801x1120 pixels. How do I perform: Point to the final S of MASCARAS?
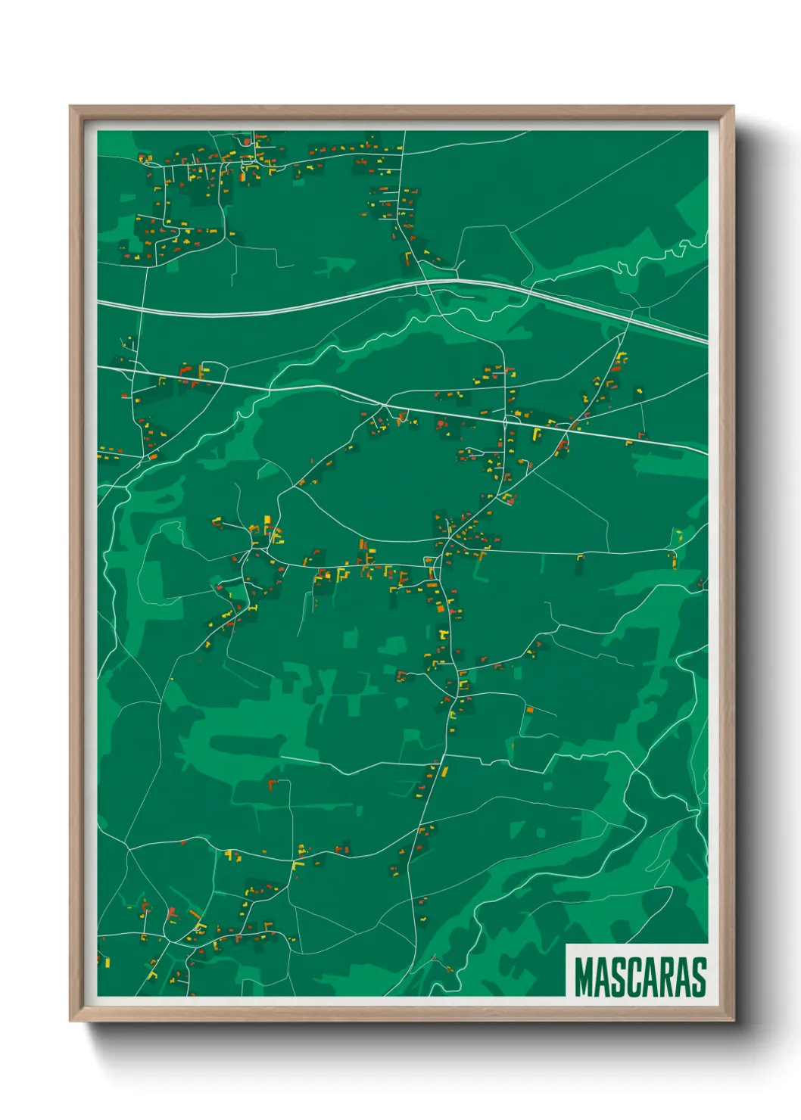tap(698, 977)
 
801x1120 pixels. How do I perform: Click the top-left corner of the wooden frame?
tap(70, 107)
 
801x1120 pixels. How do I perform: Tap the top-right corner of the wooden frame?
tap(733, 107)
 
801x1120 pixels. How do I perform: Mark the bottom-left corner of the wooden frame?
tap(70, 1021)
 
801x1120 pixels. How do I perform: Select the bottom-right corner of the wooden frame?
tap(733, 1021)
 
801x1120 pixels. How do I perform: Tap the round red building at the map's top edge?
tap(246, 142)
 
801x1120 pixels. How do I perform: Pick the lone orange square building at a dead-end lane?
tap(530, 710)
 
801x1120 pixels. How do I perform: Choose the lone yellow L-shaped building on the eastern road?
tap(580, 560)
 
